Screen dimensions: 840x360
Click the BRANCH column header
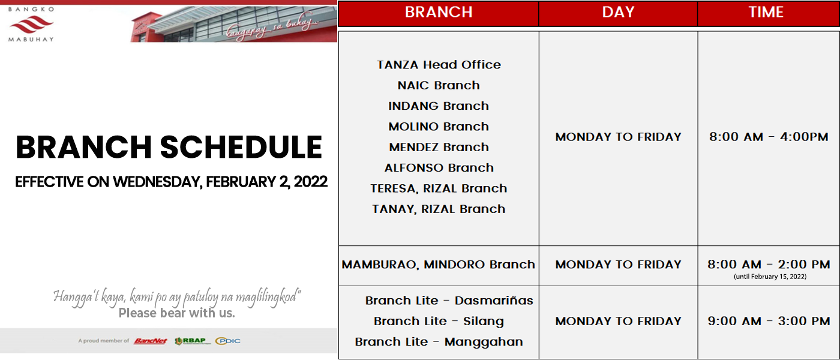pos(439,13)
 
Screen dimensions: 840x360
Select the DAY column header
pos(618,13)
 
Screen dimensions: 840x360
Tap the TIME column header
pos(766,13)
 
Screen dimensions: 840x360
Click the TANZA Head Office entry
pos(439,65)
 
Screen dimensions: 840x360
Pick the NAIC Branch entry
pos(439,85)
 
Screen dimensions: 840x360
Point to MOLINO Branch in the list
pos(439,127)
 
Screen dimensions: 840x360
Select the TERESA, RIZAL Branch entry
pos(439,188)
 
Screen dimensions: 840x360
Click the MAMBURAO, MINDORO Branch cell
pos(439,265)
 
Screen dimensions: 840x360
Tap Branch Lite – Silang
pos(439,322)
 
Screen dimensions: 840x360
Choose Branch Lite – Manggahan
pos(439,342)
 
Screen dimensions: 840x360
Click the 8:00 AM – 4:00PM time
pos(769,137)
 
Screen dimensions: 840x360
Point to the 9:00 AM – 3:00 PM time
pos(769,322)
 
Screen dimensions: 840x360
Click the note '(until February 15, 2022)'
pos(770,277)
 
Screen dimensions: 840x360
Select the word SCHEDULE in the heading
pos(241,147)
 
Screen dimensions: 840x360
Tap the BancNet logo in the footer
pos(151,341)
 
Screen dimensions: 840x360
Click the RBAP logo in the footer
pos(191,341)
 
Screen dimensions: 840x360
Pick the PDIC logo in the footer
pos(227,341)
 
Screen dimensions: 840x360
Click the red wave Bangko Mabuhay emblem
pos(31,25)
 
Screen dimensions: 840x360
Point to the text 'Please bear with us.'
pos(176,313)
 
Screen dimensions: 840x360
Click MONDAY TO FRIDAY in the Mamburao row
pos(618,265)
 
